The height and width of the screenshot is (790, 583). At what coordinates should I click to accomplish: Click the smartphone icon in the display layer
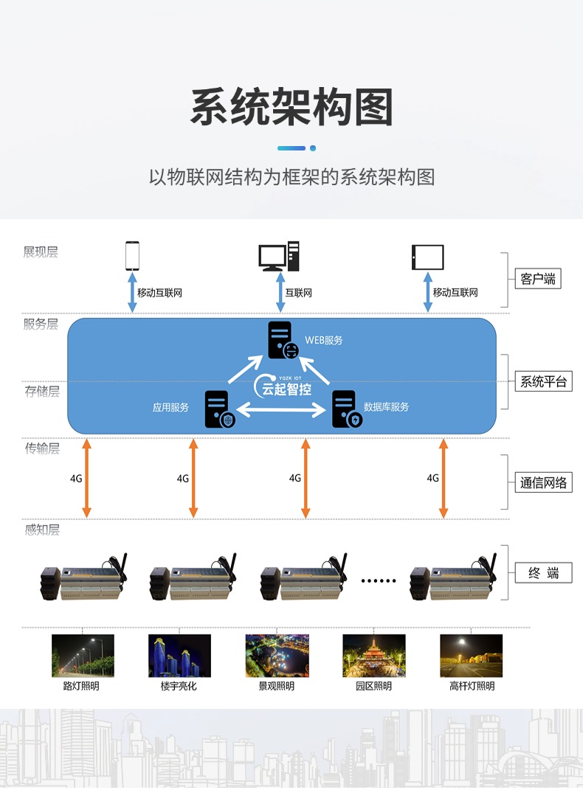132,256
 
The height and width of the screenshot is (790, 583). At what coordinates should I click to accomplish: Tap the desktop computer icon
279,256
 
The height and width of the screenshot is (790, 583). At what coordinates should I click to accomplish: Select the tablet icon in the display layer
428,257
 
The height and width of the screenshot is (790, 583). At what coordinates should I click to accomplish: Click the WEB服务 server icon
283,340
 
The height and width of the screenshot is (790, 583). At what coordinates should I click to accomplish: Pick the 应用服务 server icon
220,409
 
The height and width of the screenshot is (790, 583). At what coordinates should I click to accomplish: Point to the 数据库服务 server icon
347,409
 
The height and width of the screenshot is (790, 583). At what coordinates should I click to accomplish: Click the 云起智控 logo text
286,389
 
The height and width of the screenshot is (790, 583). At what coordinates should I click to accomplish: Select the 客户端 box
538,279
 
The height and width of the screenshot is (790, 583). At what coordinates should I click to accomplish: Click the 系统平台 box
543,381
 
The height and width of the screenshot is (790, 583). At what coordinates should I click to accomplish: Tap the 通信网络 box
543,482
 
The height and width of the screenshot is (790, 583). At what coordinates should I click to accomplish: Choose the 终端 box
543,573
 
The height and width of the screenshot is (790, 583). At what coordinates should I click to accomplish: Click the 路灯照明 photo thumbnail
83,656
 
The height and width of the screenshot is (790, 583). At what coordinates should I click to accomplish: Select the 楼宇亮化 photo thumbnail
179,656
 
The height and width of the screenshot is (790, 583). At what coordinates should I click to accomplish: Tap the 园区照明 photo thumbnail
374,656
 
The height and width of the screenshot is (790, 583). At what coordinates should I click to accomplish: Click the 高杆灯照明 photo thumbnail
471,656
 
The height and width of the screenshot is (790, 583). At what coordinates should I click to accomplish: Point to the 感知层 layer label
42,530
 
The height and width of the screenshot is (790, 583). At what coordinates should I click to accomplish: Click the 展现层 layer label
41,252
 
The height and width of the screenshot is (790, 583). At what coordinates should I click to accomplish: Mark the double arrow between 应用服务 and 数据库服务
280,410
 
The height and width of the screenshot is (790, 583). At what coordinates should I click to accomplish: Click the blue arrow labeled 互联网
280,292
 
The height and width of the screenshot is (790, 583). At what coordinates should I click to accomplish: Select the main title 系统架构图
291,107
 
